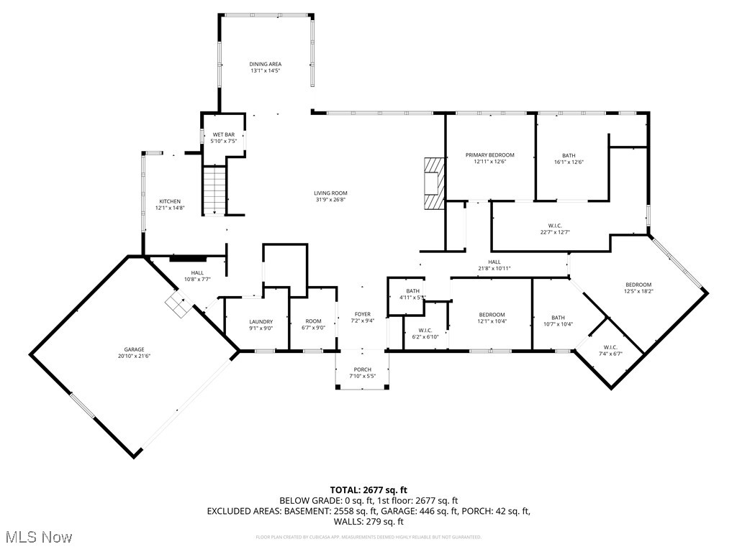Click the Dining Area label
[265, 64]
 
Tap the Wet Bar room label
[223, 134]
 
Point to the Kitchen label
[170, 201]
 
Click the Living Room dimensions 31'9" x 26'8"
[330, 200]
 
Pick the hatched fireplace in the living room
[434, 183]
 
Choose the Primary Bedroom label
[489, 155]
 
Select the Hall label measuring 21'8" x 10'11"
[494, 262]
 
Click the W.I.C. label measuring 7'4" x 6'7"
[610, 347]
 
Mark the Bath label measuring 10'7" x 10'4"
[559, 318]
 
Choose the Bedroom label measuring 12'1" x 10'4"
[492, 315]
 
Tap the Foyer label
[362, 314]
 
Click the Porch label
[362, 369]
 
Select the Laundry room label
[261, 322]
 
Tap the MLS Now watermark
[37, 537]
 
